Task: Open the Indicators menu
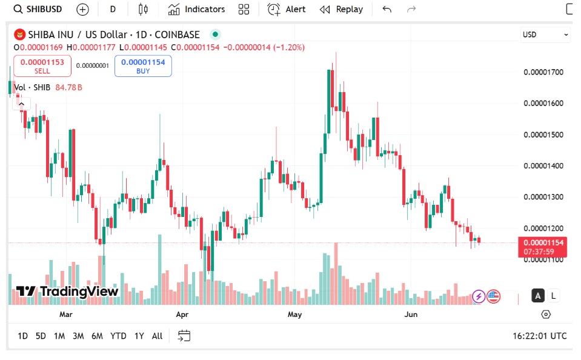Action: tap(196, 9)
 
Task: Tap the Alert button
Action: tap(287, 9)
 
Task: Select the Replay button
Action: tap(341, 9)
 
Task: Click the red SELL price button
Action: tap(42, 65)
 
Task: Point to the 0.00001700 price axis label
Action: tap(543, 72)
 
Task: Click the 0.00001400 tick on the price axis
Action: tap(543, 166)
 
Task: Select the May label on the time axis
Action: tap(295, 315)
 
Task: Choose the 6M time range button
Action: tap(97, 336)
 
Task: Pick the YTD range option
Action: tap(118, 336)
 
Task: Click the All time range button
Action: tap(157, 336)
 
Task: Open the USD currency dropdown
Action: tap(545, 35)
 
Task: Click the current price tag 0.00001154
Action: tap(543, 242)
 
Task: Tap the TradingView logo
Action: tap(67, 292)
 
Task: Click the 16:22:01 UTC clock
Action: tap(539, 336)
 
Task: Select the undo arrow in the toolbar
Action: tap(387, 9)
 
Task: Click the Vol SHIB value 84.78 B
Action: tap(68, 87)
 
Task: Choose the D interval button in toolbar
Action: tap(113, 9)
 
